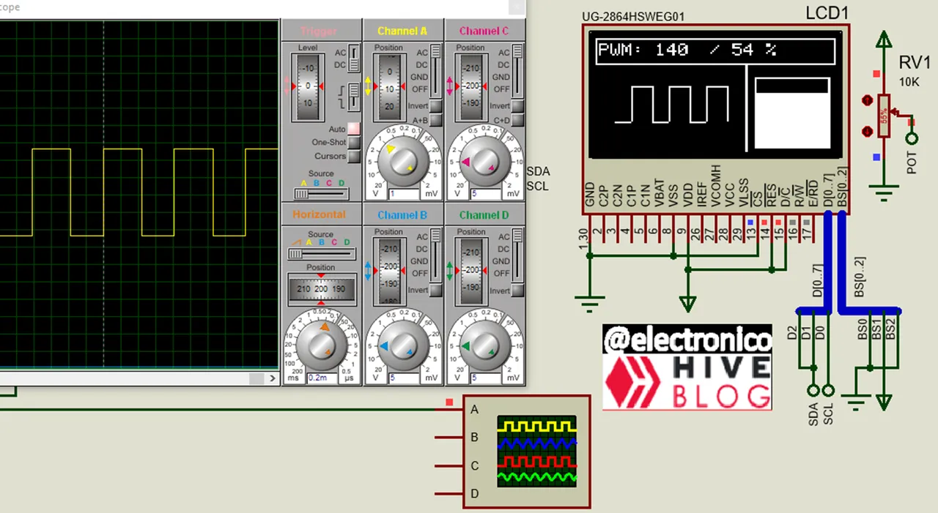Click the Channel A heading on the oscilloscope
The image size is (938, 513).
point(402,31)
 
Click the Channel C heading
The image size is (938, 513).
point(484,31)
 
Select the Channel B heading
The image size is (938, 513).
point(402,215)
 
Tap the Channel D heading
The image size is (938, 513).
point(484,215)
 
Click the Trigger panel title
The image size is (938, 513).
point(319,31)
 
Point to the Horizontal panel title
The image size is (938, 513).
point(319,214)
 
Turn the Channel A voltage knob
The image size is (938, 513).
point(402,161)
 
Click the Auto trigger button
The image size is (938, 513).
point(354,129)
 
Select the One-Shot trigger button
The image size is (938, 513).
point(354,143)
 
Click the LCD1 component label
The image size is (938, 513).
point(827,13)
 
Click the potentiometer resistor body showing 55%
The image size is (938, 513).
point(885,116)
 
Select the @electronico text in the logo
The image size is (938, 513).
point(687,340)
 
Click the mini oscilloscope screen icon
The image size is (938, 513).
point(536,452)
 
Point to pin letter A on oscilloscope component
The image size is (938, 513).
point(474,410)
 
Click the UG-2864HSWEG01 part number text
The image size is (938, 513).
point(633,17)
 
